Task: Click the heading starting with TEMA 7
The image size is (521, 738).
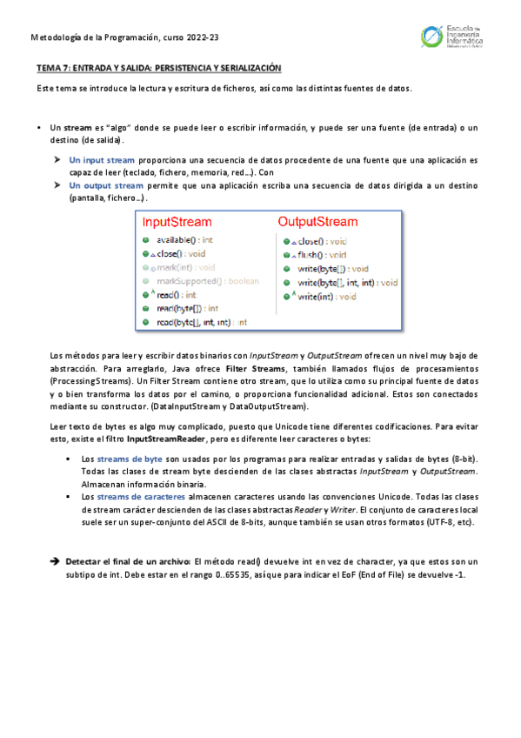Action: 159,68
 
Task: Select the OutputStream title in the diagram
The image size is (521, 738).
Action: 317,222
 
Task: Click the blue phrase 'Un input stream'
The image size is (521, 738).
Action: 102,160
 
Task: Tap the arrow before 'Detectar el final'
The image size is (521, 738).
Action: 55,562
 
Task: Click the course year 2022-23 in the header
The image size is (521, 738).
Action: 200,37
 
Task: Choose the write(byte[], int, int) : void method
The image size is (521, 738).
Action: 347,283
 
